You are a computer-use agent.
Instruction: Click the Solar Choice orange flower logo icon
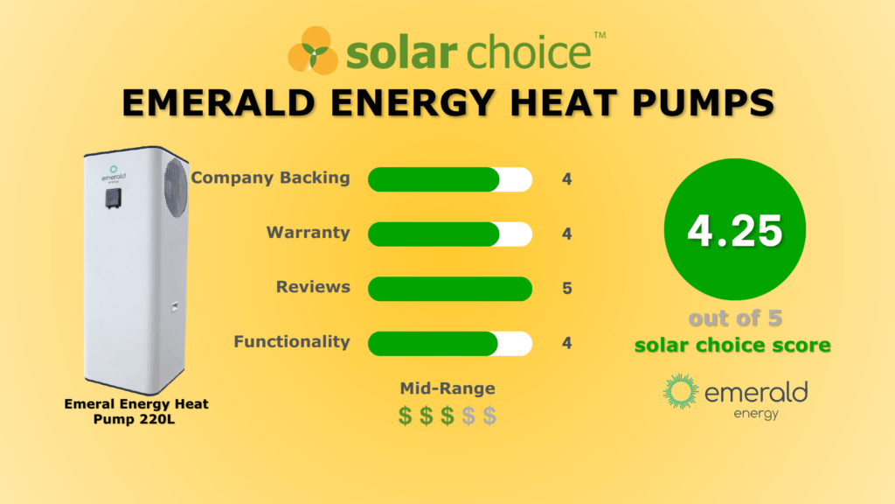(313, 50)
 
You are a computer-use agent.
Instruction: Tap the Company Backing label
(270, 178)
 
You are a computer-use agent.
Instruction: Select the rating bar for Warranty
(449, 234)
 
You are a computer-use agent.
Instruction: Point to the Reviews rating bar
(449, 288)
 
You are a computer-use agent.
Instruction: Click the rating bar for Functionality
(449, 343)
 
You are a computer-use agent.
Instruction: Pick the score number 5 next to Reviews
(567, 288)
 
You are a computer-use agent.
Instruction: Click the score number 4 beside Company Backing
(567, 179)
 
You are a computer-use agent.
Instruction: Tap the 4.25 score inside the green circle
(734, 230)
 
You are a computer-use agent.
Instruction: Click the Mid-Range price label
(447, 388)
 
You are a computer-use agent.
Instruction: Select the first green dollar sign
(406, 416)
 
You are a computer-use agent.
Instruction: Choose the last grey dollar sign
(489, 416)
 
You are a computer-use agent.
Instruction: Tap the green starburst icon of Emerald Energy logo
(681, 393)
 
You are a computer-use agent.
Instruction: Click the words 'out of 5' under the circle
(733, 318)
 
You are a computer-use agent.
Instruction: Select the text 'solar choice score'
(733, 345)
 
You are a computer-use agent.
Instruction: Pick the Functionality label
(291, 342)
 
